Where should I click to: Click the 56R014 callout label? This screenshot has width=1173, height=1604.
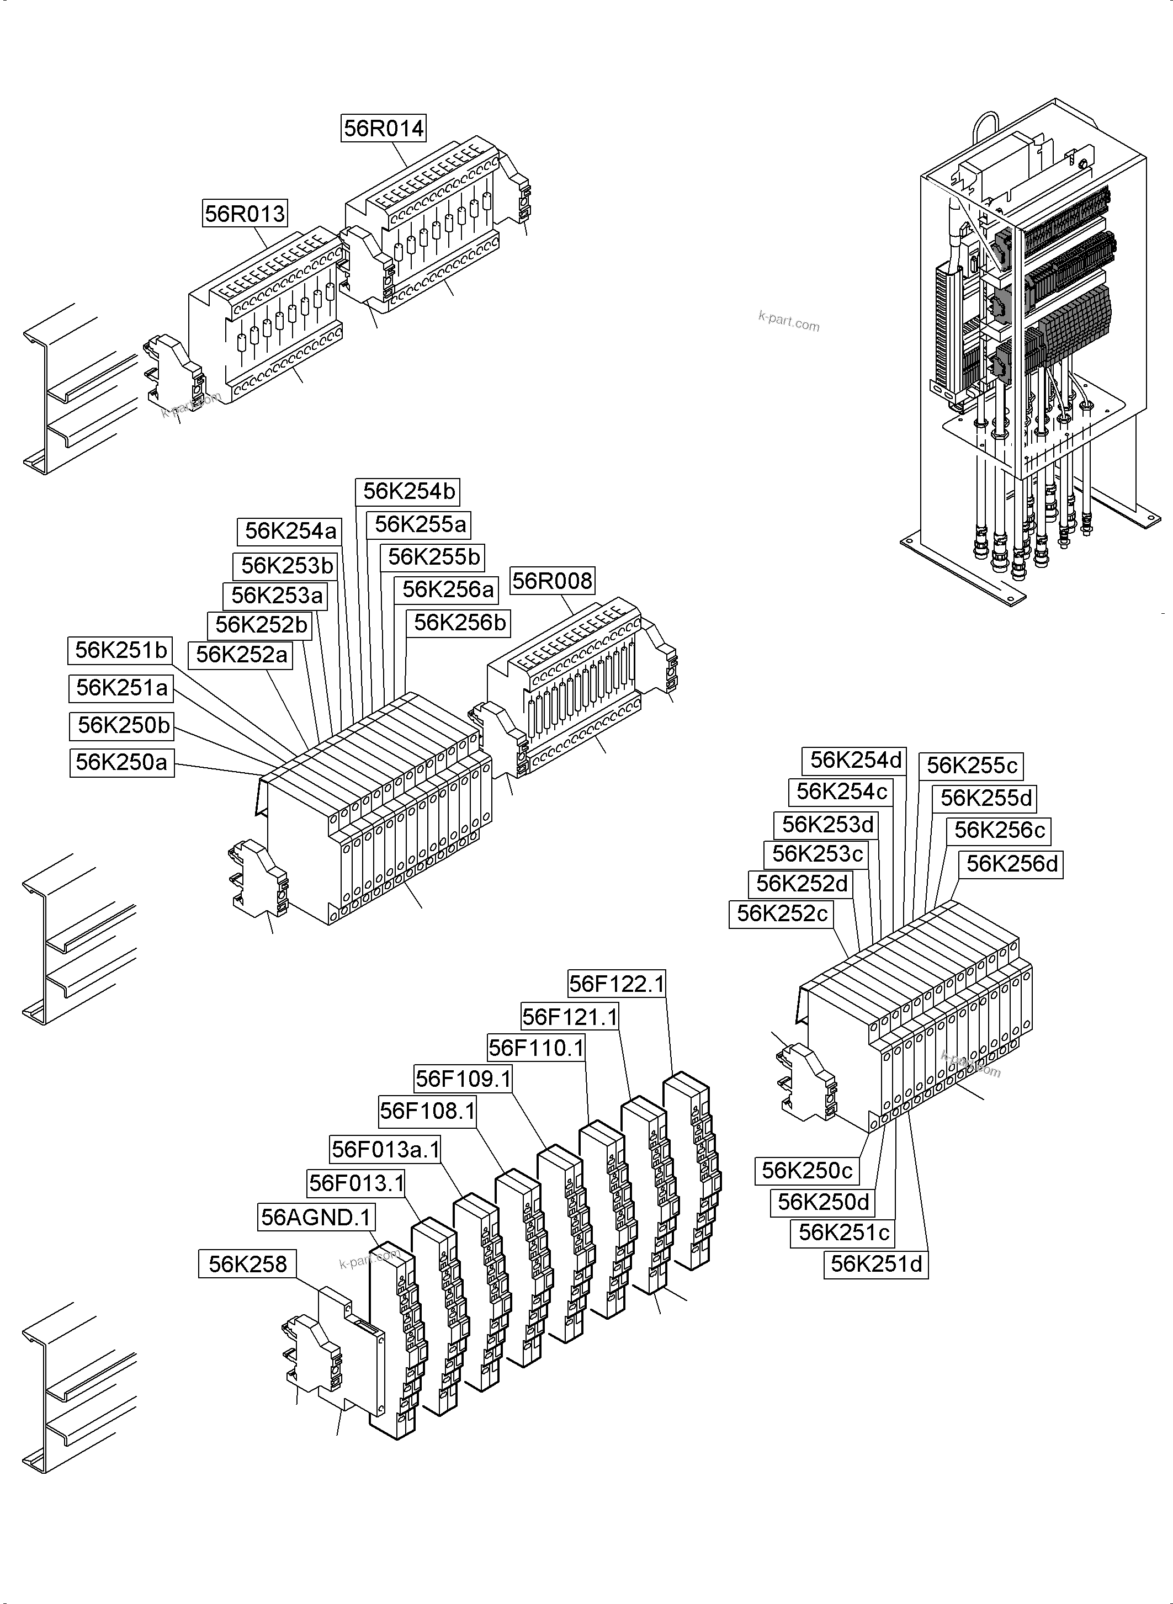(x=384, y=129)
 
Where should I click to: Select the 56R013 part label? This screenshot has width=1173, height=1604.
(x=245, y=213)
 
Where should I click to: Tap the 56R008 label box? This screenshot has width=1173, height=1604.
(x=551, y=581)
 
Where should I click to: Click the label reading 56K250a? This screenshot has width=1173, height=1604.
(x=121, y=762)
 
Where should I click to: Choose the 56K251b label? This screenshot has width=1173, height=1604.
(x=121, y=650)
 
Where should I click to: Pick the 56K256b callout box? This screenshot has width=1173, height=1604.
(x=459, y=623)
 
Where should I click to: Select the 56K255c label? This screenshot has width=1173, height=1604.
(x=972, y=766)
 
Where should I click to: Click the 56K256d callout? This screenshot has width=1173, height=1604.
(x=1011, y=864)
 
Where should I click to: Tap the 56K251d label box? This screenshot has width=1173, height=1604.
(x=875, y=1265)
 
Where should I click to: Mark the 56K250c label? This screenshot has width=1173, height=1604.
(x=806, y=1171)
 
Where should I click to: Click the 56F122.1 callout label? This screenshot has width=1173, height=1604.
(x=617, y=984)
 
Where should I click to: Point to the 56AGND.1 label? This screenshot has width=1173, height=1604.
(x=316, y=1218)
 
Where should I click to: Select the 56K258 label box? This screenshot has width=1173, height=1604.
(x=247, y=1265)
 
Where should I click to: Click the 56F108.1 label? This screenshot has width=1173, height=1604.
(x=427, y=1111)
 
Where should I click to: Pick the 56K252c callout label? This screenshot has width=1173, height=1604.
(x=781, y=914)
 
